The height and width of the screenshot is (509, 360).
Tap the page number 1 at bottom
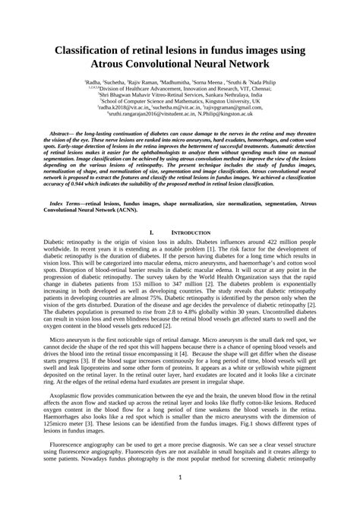point(180,477)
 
